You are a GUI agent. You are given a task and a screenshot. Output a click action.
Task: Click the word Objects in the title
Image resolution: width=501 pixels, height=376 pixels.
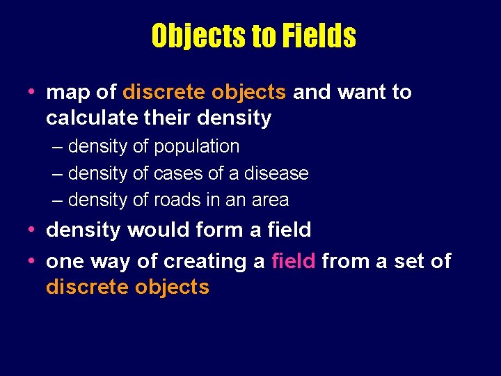click(x=199, y=36)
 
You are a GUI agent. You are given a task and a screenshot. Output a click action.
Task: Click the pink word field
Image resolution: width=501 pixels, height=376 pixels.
click(x=294, y=261)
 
